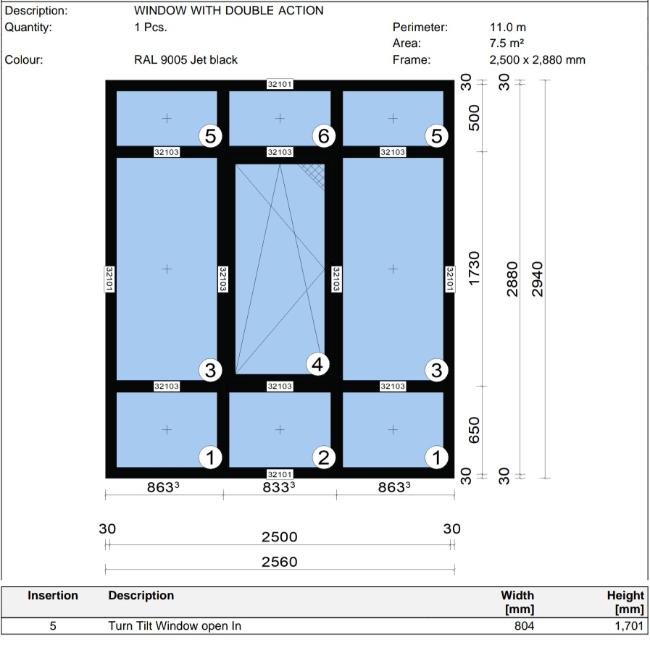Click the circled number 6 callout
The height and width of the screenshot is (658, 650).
click(x=323, y=135)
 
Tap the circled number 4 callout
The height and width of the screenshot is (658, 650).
click(x=317, y=364)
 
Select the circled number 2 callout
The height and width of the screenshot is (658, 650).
click(x=323, y=457)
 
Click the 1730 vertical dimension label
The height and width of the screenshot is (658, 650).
click(x=475, y=269)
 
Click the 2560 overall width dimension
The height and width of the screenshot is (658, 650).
click(x=279, y=562)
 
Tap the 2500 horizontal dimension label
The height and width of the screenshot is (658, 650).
click(x=279, y=537)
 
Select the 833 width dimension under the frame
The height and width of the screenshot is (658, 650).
click(x=279, y=487)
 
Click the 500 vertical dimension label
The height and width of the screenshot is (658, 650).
click(x=475, y=117)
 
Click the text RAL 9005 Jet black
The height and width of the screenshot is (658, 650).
click(x=186, y=60)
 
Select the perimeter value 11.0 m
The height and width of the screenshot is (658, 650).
click(x=508, y=28)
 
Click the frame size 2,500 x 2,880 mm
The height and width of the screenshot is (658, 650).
click(x=537, y=60)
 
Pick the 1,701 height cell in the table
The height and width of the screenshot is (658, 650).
click(x=628, y=626)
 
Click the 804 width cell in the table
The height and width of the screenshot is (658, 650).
click(x=523, y=626)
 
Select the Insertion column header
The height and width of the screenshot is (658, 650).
click(x=53, y=596)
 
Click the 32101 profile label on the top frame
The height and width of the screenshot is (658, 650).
click(x=280, y=85)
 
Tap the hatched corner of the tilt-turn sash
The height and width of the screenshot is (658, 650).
click(x=314, y=173)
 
